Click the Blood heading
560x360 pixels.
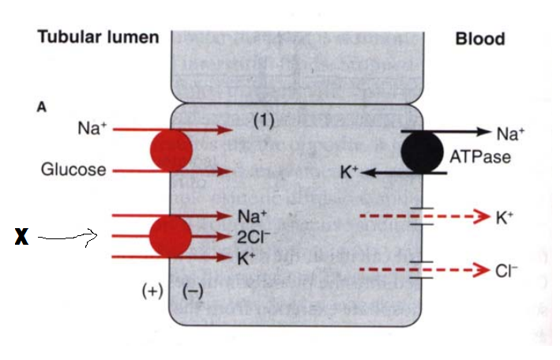(x=479, y=39)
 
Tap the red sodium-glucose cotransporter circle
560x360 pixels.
(x=171, y=150)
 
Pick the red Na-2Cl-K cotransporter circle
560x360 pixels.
(x=170, y=235)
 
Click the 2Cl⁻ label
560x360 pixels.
(x=252, y=235)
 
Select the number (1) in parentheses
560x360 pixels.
(x=263, y=120)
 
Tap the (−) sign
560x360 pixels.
(x=193, y=291)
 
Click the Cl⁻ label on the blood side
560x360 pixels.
(x=506, y=271)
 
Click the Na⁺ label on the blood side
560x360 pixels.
(x=506, y=133)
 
